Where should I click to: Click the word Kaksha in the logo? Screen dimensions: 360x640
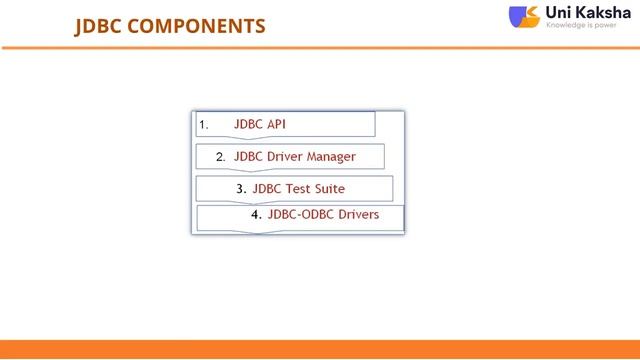(604, 12)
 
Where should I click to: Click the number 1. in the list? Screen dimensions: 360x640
(203, 125)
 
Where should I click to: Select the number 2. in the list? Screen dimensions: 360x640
(220, 157)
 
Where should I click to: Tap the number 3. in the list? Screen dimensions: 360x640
(241, 188)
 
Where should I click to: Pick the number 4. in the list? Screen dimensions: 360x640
(256, 214)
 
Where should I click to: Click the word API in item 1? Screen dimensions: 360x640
(276, 124)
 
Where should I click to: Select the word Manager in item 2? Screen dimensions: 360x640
(330, 156)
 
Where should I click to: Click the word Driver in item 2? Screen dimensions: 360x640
(284, 156)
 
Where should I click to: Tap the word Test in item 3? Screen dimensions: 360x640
(301, 188)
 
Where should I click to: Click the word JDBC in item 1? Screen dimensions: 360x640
(248, 124)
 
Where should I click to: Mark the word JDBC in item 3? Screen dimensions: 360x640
(267, 188)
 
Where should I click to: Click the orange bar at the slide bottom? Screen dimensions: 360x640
(320, 350)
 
